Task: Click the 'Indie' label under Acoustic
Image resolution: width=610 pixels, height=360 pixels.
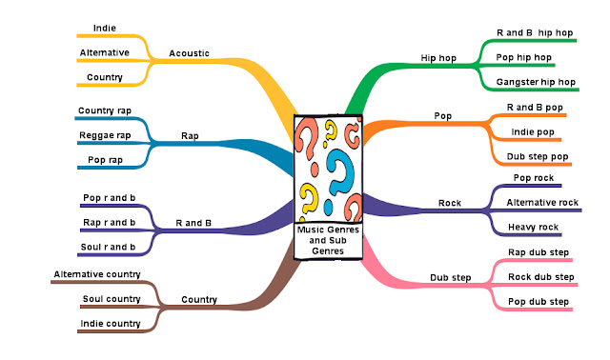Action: (x=106, y=29)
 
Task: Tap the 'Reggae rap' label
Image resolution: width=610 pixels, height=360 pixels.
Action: (x=104, y=136)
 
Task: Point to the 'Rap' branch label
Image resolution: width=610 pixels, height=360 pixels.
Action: (x=190, y=136)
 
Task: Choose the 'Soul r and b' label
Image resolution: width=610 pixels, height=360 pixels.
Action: (x=109, y=247)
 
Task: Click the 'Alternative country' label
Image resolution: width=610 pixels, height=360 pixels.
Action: (x=97, y=274)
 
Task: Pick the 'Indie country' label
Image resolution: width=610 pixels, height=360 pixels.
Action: (x=112, y=324)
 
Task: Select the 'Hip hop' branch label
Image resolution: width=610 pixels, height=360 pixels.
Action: (x=438, y=57)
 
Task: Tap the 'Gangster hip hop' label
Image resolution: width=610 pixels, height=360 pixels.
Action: (x=537, y=83)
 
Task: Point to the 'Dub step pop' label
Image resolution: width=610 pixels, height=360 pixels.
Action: (x=539, y=156)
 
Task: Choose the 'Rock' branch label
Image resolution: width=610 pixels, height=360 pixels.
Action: (x=449, y=203)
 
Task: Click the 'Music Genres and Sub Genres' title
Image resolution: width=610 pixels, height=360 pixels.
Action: (x=327, y=240)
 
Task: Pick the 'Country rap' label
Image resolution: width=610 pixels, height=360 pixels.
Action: (x=105, y=111)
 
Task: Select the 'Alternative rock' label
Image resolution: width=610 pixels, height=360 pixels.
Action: (x=542, y=202)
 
